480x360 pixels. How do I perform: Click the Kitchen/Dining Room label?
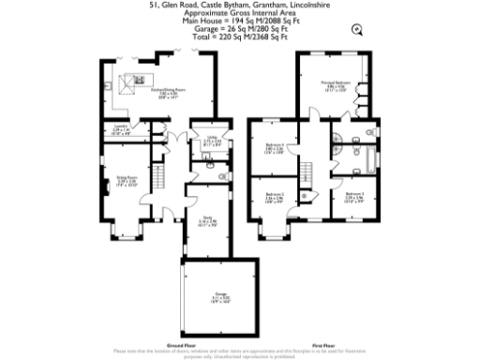click(x=169, y=93)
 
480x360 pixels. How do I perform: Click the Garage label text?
click(x=220, y=299)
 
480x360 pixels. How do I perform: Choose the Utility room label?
click(x=212, y=142)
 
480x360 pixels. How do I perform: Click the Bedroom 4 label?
click(x=275, y=147)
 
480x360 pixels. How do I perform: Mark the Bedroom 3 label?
click(x=353, y=198)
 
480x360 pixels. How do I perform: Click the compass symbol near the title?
click(x=355, y=29)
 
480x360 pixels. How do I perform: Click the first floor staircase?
click(x=306, y=174)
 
